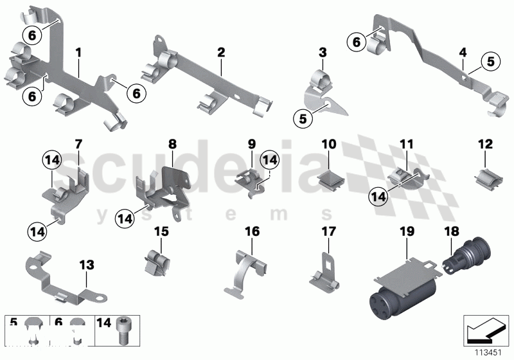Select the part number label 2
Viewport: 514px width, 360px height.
(221, 51)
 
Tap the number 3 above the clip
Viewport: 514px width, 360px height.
(323, 51)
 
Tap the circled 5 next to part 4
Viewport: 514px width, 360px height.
(491, 62)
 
